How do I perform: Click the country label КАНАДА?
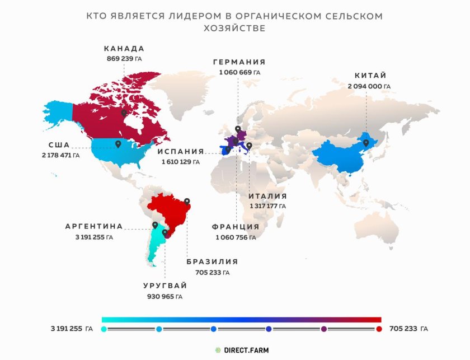tap(124, 49)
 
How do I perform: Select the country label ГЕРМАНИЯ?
tap(239, 62)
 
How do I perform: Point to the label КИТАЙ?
tap(370, 76)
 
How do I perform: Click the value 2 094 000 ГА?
tap(369, 86)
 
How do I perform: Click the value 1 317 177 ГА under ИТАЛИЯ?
tap(268, 206)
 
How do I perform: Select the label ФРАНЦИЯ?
tap(236, 227)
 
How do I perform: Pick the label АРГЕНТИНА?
tap(94, 227)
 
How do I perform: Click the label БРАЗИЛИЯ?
tap(212, 261)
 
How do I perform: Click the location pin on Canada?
tap(123, 113)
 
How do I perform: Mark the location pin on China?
tap(366, 143)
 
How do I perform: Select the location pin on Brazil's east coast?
tap(187, 201)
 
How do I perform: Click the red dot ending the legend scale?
tap(379, 329)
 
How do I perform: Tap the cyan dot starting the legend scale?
tap(104, 329)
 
